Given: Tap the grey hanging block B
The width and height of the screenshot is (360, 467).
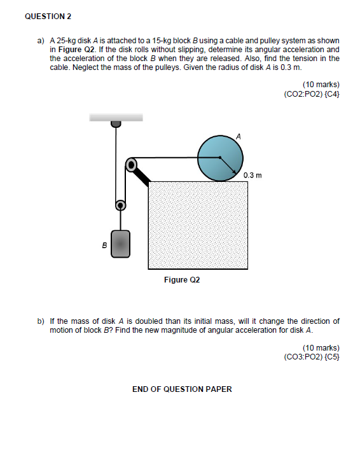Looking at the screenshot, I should tap(121, 244).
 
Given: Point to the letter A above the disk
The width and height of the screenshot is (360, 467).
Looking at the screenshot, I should tap(239, 136).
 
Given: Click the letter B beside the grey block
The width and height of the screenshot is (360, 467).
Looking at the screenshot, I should tap(104, 244).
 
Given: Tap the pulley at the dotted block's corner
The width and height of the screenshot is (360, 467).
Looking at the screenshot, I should tap(131, 164).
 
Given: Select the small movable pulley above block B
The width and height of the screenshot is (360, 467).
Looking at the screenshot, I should tap(120, 206).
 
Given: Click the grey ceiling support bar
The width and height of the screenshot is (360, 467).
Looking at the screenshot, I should tap(116, 117).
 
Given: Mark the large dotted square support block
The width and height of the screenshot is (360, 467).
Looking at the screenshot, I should tap(198, 225).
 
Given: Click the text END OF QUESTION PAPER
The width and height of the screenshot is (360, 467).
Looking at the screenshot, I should tap(182, 389).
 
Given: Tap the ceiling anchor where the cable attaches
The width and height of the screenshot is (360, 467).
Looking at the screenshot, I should tap(115, 124).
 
